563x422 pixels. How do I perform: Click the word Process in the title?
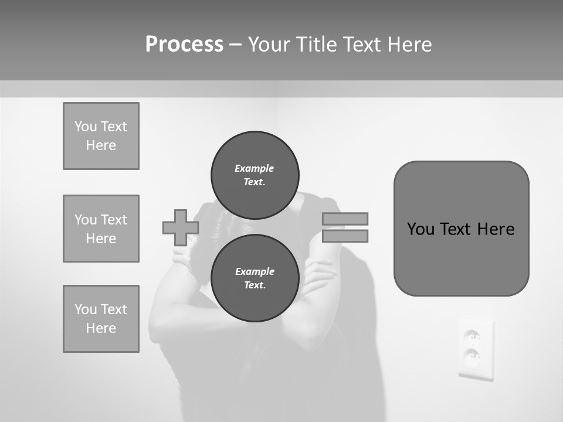coord(184,45)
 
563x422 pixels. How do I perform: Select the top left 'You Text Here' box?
coord(101,136)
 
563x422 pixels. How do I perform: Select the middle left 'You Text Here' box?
coord(101,229)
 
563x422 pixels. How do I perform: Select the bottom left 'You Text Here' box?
coord(101,319)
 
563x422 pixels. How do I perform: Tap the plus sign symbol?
coord(180,227)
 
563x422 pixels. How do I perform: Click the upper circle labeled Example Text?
coord(255,175)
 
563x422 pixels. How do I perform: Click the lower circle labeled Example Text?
coord(255,278)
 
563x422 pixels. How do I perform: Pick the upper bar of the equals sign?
coord(345,219)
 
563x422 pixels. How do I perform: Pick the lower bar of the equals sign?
coord(345,236)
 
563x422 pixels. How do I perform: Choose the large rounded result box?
coord(461,229)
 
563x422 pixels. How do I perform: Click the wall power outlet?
coord(475,349)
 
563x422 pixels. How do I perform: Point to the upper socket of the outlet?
coord(472,336)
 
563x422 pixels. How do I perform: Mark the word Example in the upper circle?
coord(254,168)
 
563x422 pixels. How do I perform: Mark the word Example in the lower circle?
coord(255,271)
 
